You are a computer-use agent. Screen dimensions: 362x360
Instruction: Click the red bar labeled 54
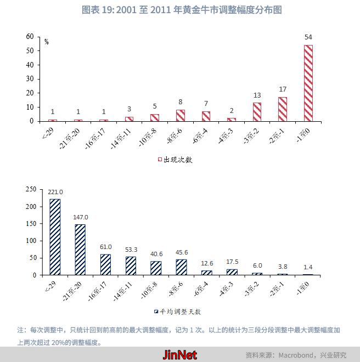pos(308,83)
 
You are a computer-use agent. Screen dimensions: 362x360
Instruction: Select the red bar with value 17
pos(283,109)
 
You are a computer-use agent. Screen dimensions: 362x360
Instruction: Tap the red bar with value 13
pos(257,112)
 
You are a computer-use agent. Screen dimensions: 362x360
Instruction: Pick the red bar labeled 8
pos(181,115)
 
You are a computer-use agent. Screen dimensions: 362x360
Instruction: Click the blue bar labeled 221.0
pos(55,237)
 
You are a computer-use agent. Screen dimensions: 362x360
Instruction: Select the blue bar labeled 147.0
pos(80,250)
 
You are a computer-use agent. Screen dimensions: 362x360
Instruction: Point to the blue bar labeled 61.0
pos(105,264)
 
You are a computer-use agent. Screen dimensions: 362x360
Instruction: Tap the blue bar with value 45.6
pos(181,267)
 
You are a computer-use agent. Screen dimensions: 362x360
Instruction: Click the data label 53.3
pos(131,250)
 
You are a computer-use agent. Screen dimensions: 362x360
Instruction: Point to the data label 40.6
pos(156,254)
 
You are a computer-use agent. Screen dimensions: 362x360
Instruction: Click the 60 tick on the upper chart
pos(30,37)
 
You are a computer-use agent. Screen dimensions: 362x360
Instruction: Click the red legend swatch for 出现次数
pos(160,160)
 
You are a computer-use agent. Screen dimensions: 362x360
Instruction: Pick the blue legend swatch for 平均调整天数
pos(156,312)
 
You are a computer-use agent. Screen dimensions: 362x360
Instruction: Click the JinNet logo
pos(180,355)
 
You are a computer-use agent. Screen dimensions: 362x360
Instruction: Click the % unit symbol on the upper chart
pos(47,42)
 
